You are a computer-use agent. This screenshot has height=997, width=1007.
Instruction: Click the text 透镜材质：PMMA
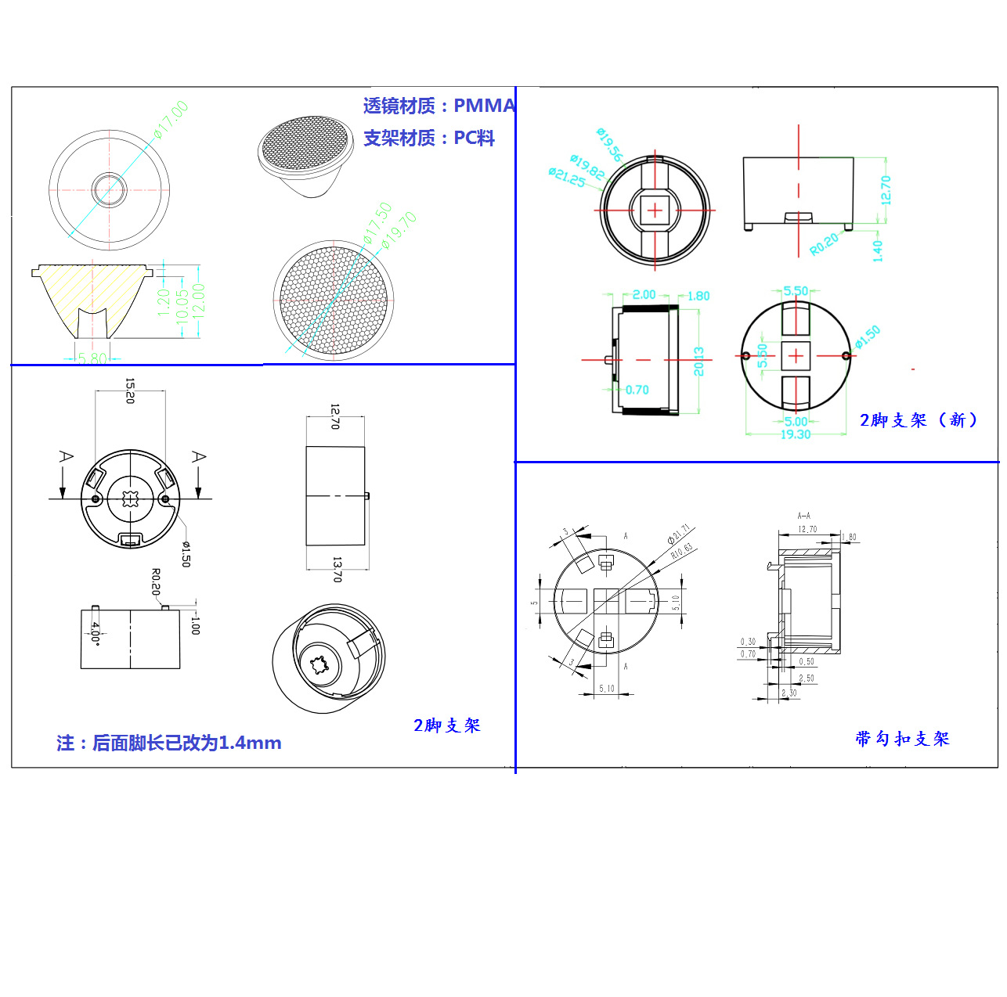439,106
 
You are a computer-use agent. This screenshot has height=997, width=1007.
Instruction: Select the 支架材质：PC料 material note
428,139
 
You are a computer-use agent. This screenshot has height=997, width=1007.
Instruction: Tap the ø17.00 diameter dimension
171,119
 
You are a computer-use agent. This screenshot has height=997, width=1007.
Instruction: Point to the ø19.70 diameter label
399,231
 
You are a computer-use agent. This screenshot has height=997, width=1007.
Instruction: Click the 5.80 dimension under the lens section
92,358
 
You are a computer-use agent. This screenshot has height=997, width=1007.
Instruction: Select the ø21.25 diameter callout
566,178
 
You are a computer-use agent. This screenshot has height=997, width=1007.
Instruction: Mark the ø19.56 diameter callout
609,144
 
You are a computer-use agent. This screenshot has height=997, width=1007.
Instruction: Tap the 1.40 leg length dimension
877,250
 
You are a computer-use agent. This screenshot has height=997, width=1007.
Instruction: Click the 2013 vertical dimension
698,362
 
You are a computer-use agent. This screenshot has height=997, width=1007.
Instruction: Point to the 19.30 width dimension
795,434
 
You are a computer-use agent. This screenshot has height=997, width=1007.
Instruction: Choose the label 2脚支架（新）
919,420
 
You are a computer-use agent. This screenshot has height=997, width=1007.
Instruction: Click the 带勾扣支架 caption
902,739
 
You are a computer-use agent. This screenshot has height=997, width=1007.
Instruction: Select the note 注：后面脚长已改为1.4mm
168,743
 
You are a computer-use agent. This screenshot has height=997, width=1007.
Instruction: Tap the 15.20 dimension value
130,391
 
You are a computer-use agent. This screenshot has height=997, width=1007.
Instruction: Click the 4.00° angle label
95,632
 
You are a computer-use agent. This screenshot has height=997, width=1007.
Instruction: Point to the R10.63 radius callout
681,550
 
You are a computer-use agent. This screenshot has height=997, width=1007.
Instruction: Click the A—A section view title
803,516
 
